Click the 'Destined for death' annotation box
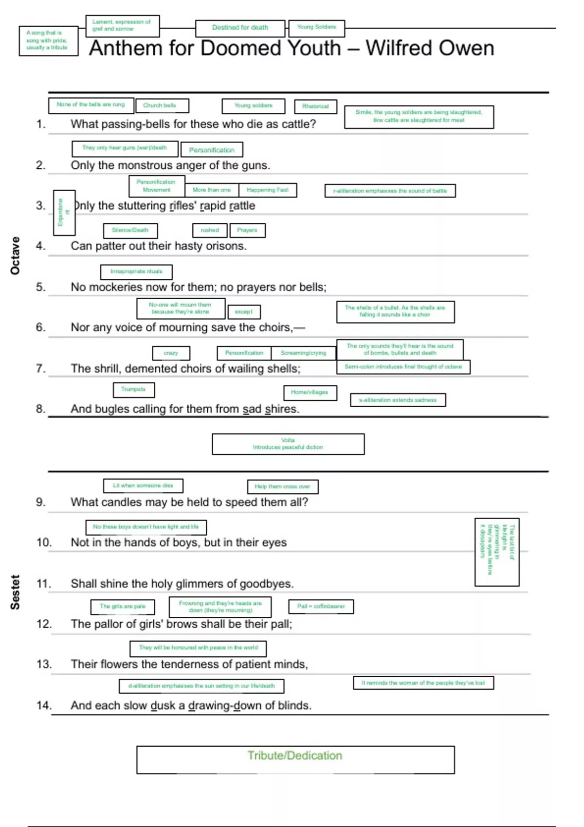click(x=240, y=28)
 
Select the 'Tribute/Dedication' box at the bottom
click(x=295, y=759)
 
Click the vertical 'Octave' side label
click(x=15, y=255)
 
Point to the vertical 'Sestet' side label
click(x=15, y=592)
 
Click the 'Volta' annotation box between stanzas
click(x=288, y=444)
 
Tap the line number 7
click(x=41, y=368)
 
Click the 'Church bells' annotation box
click(x=160, y=105)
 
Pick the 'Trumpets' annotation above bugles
click(x=133, y=389)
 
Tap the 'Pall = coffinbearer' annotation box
click(x=321, y=606)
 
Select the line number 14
click(x=44, y=705)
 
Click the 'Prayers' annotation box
click(x=247, y=230)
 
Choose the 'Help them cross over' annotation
click(x=282, y=486)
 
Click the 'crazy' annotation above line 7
click(x=170, y=353)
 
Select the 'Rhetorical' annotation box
click(x=315, y=106)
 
